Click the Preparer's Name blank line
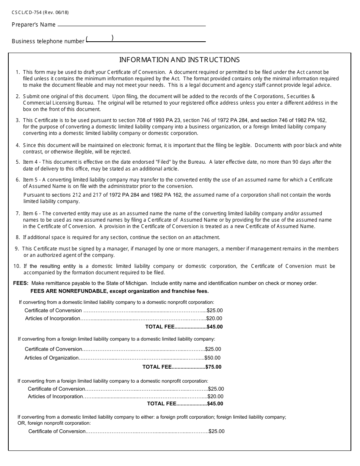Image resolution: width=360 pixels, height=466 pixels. click(x=131, y=26)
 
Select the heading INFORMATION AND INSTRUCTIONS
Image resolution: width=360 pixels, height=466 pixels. click(x=179, y=60)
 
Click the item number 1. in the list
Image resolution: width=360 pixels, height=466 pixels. click(x=18, y=72)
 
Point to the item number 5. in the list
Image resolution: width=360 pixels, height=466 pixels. click(x=18, y=162)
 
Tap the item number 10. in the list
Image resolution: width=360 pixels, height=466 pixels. click(x=17, y=266)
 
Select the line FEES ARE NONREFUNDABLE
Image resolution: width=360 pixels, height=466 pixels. click(x=119, y=291)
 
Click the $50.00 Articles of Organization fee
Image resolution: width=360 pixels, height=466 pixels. click(x=213, y=358)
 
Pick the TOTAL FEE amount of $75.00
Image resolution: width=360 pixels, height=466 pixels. click(x=213, y=367)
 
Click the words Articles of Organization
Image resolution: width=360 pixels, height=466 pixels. click(x=52, y=358)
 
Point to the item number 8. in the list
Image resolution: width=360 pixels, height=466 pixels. click(x=18, y=238)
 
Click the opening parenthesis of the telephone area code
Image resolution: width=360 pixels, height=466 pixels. click(x=87, y=38)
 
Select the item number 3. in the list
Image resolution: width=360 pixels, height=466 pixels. click(x=18, y=120)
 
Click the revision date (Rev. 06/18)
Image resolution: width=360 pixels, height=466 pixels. click(x=56, y=12)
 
